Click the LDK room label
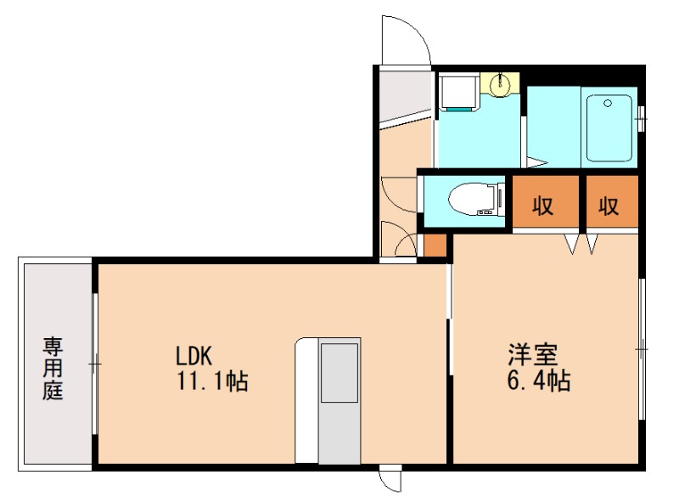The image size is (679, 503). coord(199,355)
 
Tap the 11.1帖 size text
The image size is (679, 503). coord(212,381)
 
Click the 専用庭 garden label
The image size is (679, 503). coord(53,369)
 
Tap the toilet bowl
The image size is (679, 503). coord(466,201)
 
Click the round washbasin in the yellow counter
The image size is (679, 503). coord(502,83)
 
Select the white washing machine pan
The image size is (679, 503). coord(458,93)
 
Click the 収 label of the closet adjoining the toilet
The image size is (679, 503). coord(543,206)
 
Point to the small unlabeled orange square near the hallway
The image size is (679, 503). coord(435,244)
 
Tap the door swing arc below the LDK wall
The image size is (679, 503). coord(390,482)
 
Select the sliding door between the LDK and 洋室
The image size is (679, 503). coord(449,319)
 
